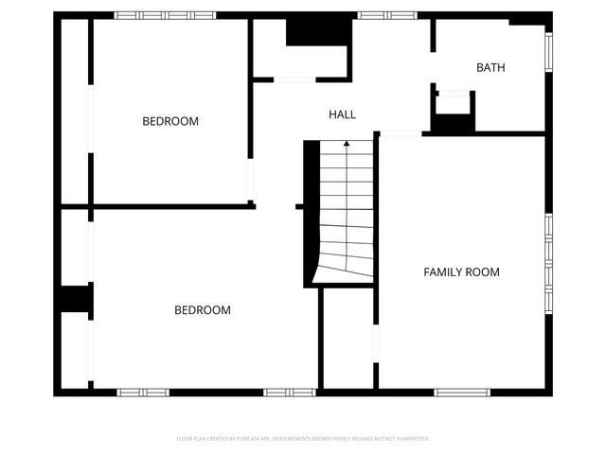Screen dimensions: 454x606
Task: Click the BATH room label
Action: (x=490, y=67)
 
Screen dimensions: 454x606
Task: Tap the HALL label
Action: (x=343, y=114)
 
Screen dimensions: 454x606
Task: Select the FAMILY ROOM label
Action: (x=461, y=272)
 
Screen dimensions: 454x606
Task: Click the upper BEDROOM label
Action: (x=170, y=121)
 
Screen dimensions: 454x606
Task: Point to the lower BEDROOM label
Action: (x=203, y=310)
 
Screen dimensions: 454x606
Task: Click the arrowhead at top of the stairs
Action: (x=347, y=144)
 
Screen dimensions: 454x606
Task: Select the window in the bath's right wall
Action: (x=548, y=52)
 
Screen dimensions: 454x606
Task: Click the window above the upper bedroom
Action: (x=152, y=15)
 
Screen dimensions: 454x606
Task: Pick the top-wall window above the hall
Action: (x=386, y=15)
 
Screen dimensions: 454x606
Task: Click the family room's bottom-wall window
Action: (x=463, y=392)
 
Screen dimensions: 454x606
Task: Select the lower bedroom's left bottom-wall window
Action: (x=143, y=392)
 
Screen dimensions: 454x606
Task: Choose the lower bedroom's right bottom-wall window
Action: (x=289, y=392)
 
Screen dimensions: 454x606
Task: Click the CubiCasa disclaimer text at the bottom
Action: (x=303, y=439)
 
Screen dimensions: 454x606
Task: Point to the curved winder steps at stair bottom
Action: (x=341, y=260)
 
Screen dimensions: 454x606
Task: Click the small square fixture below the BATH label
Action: (x=453, y=106)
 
